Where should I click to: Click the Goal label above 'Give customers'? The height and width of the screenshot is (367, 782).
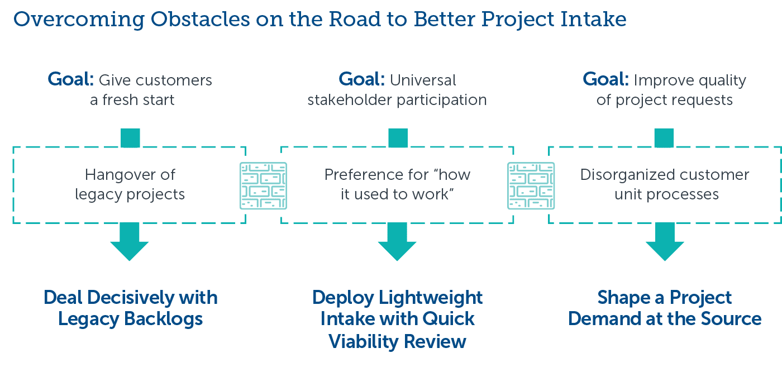(71, 80)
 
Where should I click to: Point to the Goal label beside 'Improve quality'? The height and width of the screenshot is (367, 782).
(605, 80)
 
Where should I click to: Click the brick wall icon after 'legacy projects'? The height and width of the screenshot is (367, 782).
(263, 186)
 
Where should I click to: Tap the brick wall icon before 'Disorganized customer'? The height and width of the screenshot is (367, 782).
(531, 186)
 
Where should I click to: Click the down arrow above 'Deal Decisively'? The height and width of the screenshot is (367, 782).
(130, 241)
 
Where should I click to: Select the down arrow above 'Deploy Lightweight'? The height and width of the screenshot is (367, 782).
(397, 241)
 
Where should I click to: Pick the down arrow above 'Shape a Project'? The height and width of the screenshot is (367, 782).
(665, 241)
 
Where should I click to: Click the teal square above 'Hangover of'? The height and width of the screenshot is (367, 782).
(130, 138)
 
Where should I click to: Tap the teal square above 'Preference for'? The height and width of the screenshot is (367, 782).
(398, 138)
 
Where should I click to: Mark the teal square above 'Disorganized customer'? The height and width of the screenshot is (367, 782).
(664, 138)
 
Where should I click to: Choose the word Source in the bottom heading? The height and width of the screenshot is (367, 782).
(729, 319)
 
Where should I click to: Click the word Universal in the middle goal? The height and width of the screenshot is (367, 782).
(423, 80)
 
